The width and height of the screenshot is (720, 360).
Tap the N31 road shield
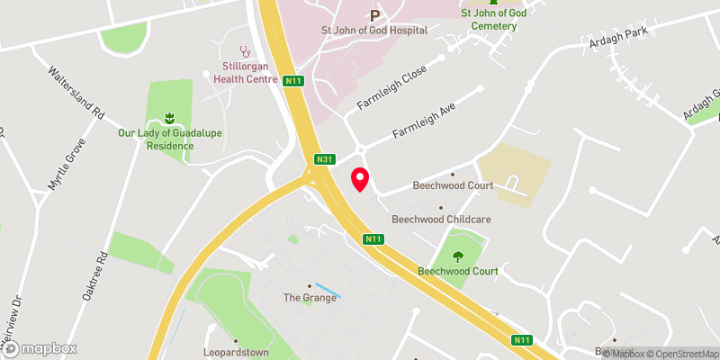click(x=325, y=160)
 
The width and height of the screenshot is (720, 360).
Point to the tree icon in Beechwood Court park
click(x=459, y=255)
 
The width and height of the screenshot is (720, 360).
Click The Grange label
click(x=310, y=298)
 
